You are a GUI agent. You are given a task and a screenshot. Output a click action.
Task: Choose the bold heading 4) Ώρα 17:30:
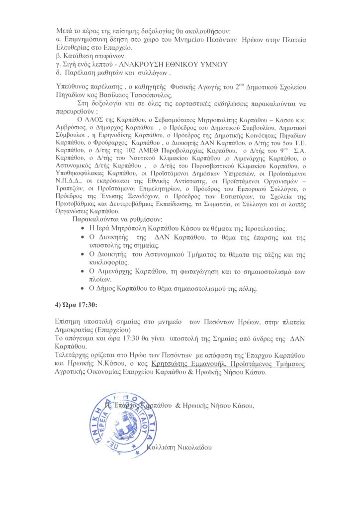[x=76, y=304]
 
